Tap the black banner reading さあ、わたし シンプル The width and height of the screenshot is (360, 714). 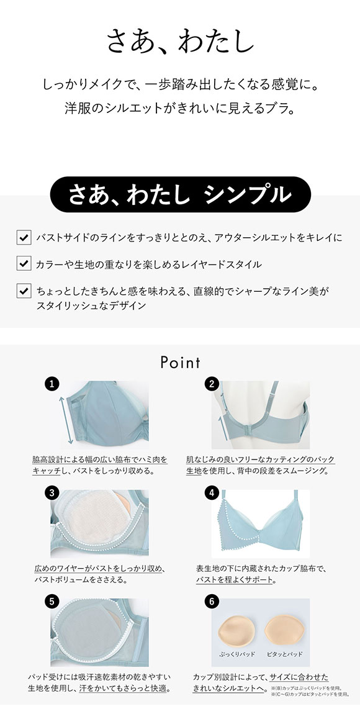180,194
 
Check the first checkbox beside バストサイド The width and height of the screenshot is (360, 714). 23,237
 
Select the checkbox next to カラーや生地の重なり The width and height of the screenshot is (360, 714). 23,264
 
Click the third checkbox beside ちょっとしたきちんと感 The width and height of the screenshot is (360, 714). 23,291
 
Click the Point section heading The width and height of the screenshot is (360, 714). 180,362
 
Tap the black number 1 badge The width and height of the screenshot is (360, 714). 52,384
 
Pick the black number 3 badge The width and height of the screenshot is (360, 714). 52,493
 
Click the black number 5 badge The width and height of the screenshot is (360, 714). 52,601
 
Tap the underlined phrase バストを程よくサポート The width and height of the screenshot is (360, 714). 235,580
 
